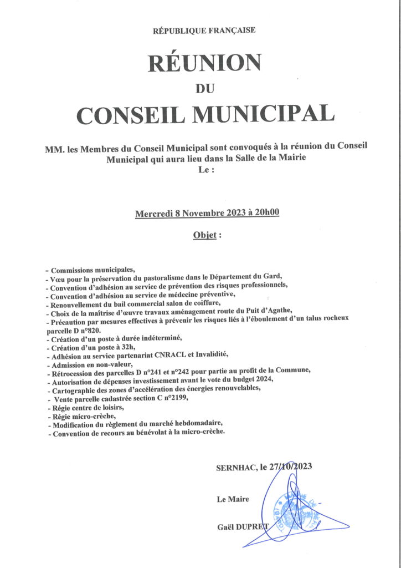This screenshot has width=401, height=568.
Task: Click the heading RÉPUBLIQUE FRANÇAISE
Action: tap(204, 31)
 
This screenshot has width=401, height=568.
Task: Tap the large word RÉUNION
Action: tap(204, 63)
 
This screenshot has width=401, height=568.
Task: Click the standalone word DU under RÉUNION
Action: tap(204, 87)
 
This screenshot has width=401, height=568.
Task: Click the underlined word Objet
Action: tap(204, 235)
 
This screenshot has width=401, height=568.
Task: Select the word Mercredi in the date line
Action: tap(153, 214)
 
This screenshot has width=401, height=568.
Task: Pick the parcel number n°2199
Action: tap(174, 398)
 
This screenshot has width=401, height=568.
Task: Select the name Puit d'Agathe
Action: tap(272, 312)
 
